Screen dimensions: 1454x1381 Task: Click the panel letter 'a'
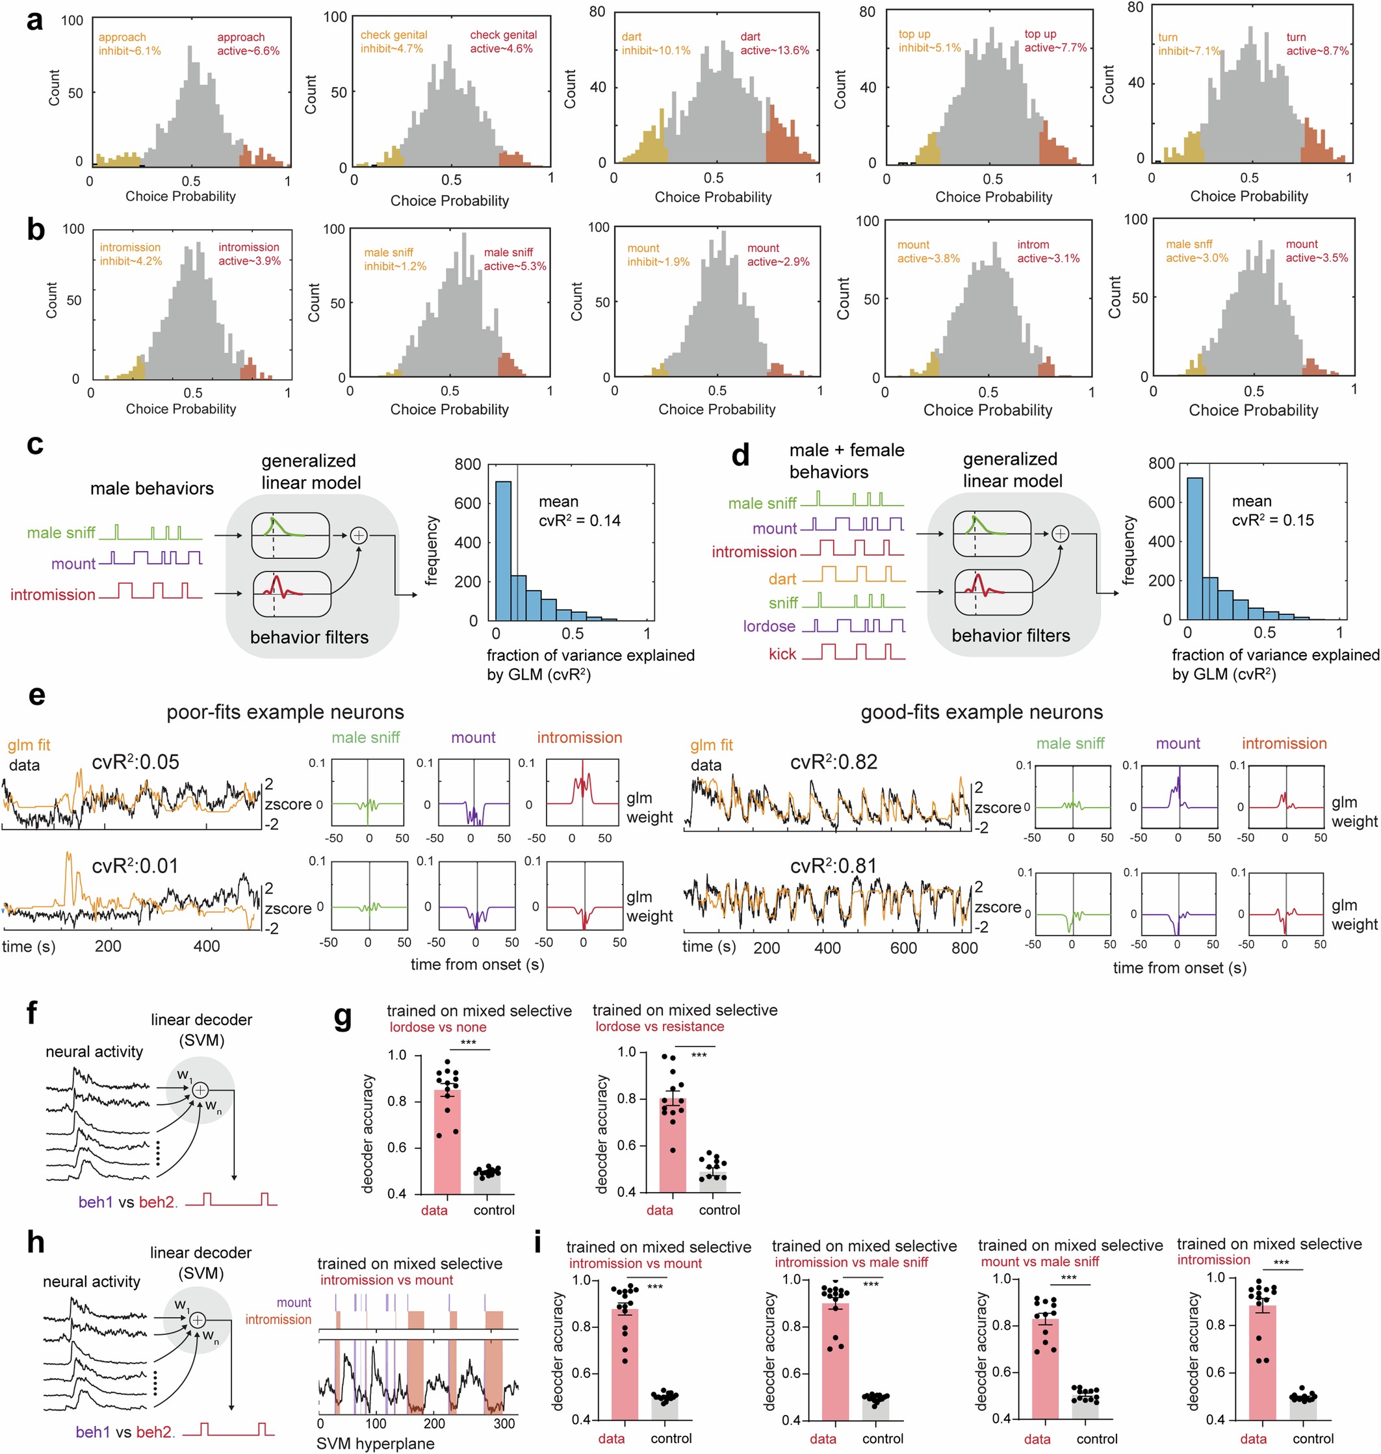[34, 21]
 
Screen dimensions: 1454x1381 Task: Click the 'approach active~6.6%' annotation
[248, 44]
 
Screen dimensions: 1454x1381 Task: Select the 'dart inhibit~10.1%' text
[655, 44]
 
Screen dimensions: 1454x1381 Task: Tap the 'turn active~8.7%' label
[1317, 44]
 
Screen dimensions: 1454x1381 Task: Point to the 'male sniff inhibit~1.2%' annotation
[394, 259]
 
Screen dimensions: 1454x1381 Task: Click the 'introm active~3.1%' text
[1048, 251]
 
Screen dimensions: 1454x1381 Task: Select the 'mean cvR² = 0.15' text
[1272, 510]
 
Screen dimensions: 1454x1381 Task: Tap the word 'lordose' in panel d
[769, 626]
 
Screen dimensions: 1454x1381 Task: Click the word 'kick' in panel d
[782, 654]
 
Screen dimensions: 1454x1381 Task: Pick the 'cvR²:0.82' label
[833, 762]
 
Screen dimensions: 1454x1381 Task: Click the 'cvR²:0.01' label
[135, 866]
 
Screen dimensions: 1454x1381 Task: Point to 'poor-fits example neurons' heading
[285, 712]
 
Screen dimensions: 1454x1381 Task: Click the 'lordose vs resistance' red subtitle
[659, 1026]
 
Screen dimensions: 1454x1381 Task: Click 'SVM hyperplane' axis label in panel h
[375, 1443]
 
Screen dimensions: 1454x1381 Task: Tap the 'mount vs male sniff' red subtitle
[1039, 1262]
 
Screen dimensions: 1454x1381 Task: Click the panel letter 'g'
[343, 1017]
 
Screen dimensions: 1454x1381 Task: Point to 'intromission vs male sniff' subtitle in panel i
[850, 1263]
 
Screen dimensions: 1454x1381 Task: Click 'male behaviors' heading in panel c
[151, 488]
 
